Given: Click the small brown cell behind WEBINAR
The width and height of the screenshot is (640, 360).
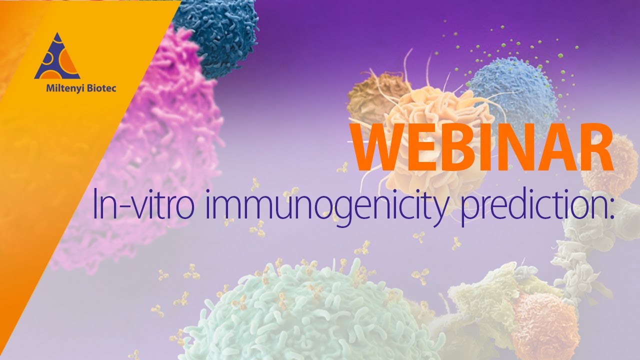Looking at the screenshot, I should click(x=372, y=97).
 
